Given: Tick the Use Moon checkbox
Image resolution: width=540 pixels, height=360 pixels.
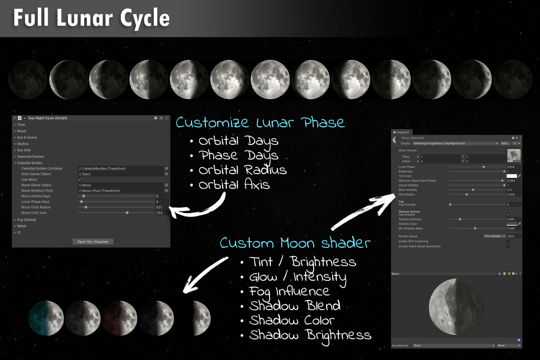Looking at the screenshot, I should [x=80, y=180].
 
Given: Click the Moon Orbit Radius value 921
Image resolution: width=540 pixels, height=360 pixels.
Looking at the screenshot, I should [x=162, y=207].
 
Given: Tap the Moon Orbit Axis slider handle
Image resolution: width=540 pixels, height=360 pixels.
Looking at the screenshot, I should [x=127, y=213].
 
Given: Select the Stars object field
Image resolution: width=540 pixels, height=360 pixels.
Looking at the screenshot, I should [x=121, y=174].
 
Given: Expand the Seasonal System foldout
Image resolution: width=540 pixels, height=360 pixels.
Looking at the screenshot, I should [x=31, y=157].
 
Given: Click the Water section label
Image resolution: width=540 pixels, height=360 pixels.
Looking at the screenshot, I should [x=22, y=226].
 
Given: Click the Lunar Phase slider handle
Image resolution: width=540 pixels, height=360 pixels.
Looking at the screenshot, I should [x=484, y=167].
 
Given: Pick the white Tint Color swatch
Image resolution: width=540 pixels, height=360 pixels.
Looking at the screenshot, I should [x=512, y=176].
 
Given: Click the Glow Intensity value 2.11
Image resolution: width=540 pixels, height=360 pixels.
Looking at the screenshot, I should [x=513, y=190].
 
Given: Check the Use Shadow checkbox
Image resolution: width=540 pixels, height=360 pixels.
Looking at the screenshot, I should [x=508, y=215].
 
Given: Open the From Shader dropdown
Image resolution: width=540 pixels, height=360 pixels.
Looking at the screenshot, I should [x=495, y=236].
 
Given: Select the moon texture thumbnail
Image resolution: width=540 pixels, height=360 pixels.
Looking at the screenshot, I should [x=513, y=155].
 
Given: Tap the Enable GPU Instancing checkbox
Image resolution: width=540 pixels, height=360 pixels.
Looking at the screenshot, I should [x=508, y=242].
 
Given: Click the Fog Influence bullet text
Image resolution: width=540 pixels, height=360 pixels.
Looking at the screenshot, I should [x=290, y=291].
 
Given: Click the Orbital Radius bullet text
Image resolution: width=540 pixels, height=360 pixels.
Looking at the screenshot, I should [x=243, y=170].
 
